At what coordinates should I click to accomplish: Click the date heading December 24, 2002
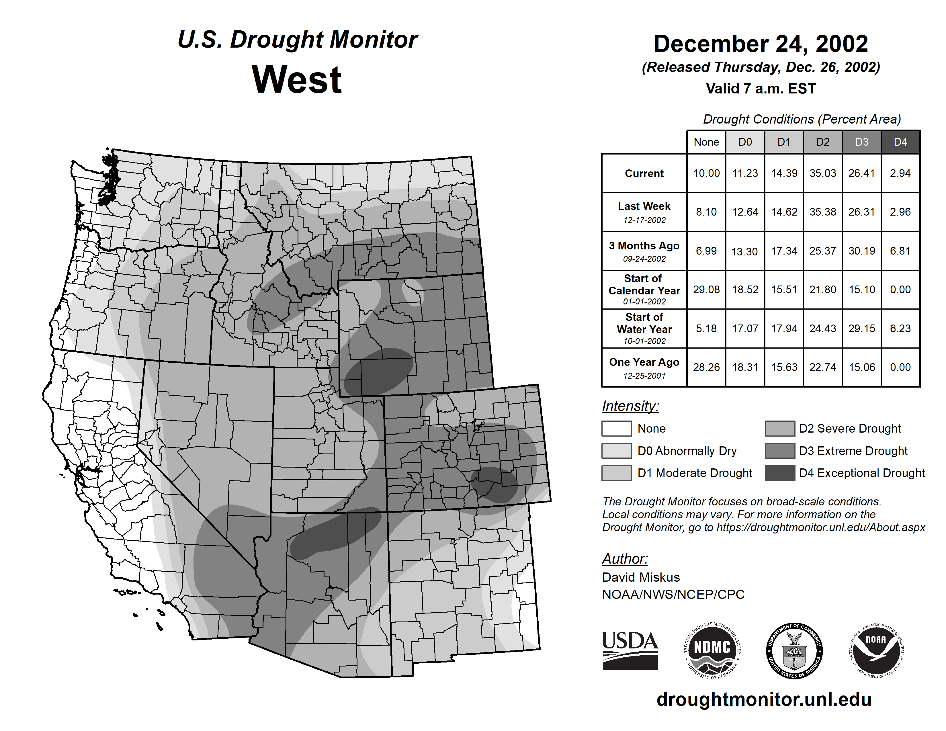coord(761,44)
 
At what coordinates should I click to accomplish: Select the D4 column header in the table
coord(900,142)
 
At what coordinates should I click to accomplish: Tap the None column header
coord(706,142)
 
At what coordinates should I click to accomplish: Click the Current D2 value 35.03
coord(822,173)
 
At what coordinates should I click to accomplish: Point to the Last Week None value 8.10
coord(706,212)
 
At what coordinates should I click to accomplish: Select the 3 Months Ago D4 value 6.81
coord(900,251)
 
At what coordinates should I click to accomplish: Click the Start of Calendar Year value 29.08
coord(706,289)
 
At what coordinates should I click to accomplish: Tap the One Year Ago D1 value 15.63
coord(784,367)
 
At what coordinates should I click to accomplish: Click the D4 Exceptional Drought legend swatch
coord(780,473)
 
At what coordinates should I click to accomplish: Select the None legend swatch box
coord(616,428)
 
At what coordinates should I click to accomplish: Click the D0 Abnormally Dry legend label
coord(687,451)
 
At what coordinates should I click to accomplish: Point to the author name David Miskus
coord(641,577)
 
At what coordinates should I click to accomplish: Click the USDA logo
coord(630,650)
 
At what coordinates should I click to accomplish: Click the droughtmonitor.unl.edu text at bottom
coord(764,699)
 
